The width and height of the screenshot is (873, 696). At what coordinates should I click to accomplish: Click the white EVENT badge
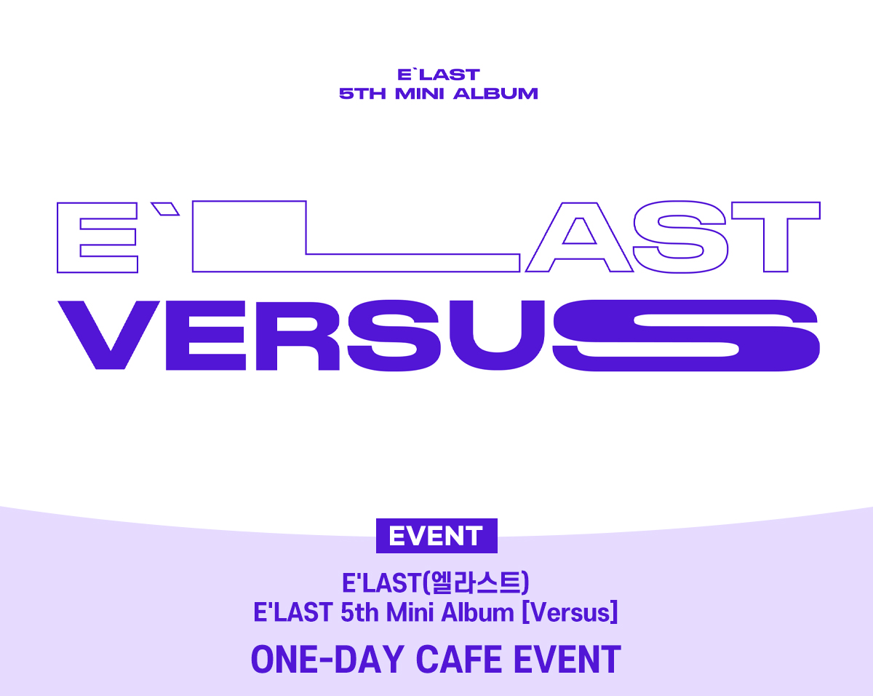point(436,536)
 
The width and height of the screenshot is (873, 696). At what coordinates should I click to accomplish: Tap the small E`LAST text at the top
point(439,75)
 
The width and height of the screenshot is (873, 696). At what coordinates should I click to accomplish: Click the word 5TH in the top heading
point(362,94)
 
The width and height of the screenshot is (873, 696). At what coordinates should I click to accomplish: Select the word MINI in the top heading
point(420,94)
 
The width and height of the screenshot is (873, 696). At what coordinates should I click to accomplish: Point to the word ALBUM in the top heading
point(495,94)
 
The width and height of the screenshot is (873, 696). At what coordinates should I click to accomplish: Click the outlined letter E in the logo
point(68,237)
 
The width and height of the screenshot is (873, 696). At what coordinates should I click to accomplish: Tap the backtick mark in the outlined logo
point(165,209)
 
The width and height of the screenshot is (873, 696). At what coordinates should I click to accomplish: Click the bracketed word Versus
point(570,612)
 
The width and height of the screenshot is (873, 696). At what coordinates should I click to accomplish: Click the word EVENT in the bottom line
point(567,660)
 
